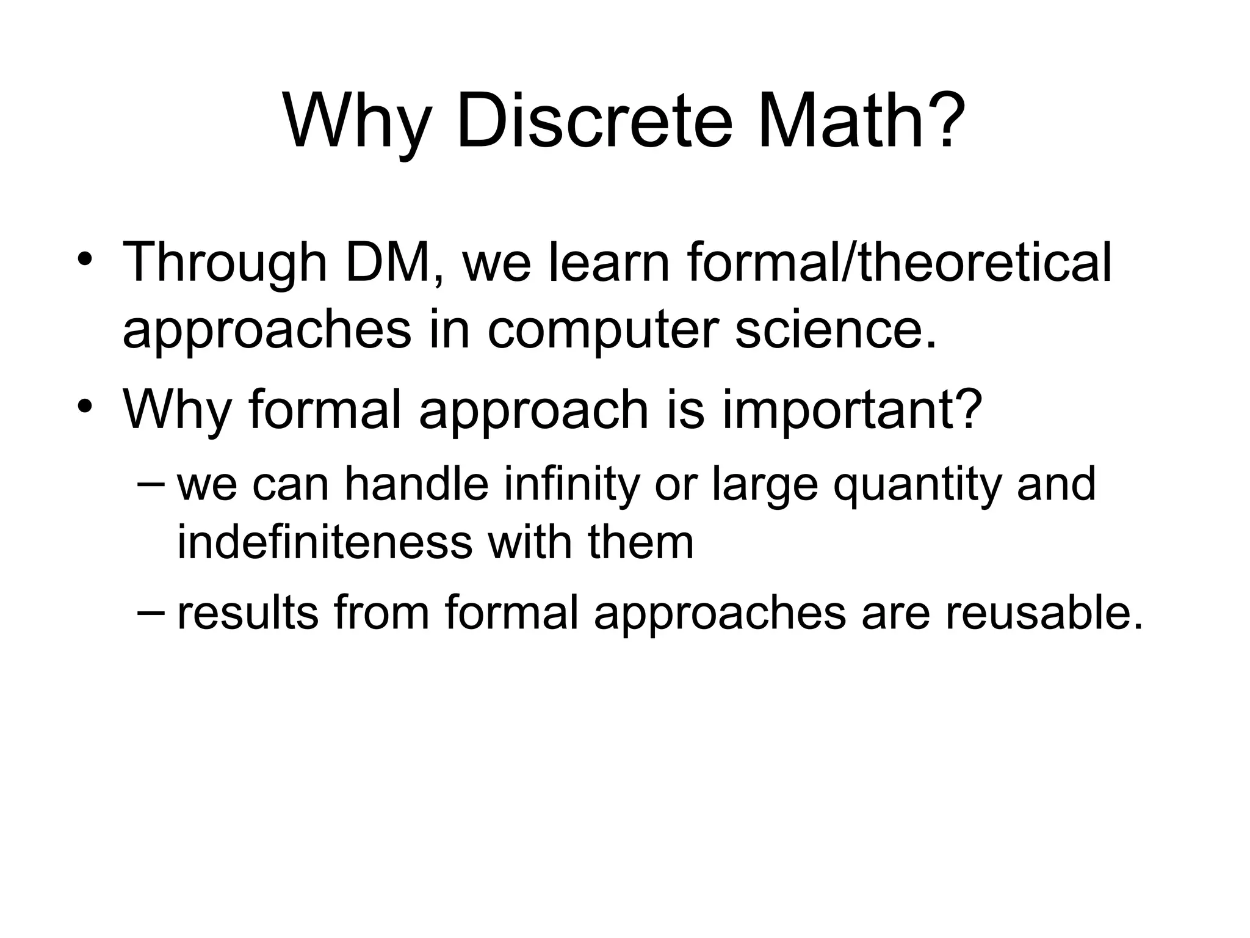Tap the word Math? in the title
point(862,122)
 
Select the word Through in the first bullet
point(225,264)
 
